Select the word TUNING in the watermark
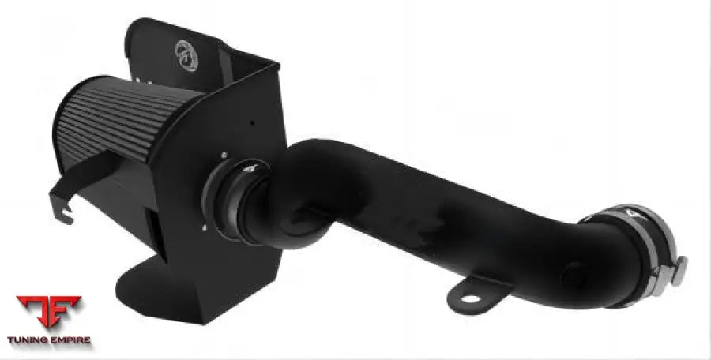28,340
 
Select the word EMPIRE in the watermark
69,340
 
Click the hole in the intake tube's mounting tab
470,298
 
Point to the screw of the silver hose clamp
675,270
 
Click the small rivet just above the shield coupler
224,155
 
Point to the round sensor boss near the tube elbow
574,276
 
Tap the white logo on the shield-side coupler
248,167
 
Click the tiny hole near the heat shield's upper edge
252,123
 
